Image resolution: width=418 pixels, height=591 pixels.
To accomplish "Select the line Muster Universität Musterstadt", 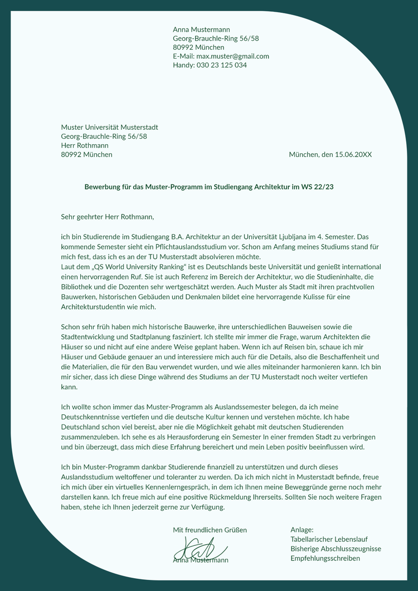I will (x=110, y=128).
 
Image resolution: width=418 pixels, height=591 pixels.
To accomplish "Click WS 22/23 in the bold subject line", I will (x=317, y=187).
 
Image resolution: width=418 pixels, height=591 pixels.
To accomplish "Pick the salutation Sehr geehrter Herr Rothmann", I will (x=107, y=216).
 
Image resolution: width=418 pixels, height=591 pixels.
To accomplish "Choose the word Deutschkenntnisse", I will (x=91, y=417).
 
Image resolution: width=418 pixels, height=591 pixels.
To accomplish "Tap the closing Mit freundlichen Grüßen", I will (x=210, y=530).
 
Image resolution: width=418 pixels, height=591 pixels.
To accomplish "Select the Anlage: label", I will (x=302, y=530).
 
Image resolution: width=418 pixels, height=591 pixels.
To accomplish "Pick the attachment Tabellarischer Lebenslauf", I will (x=329, y=539).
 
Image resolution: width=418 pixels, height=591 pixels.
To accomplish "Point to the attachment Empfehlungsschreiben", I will (x=325, y=558).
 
